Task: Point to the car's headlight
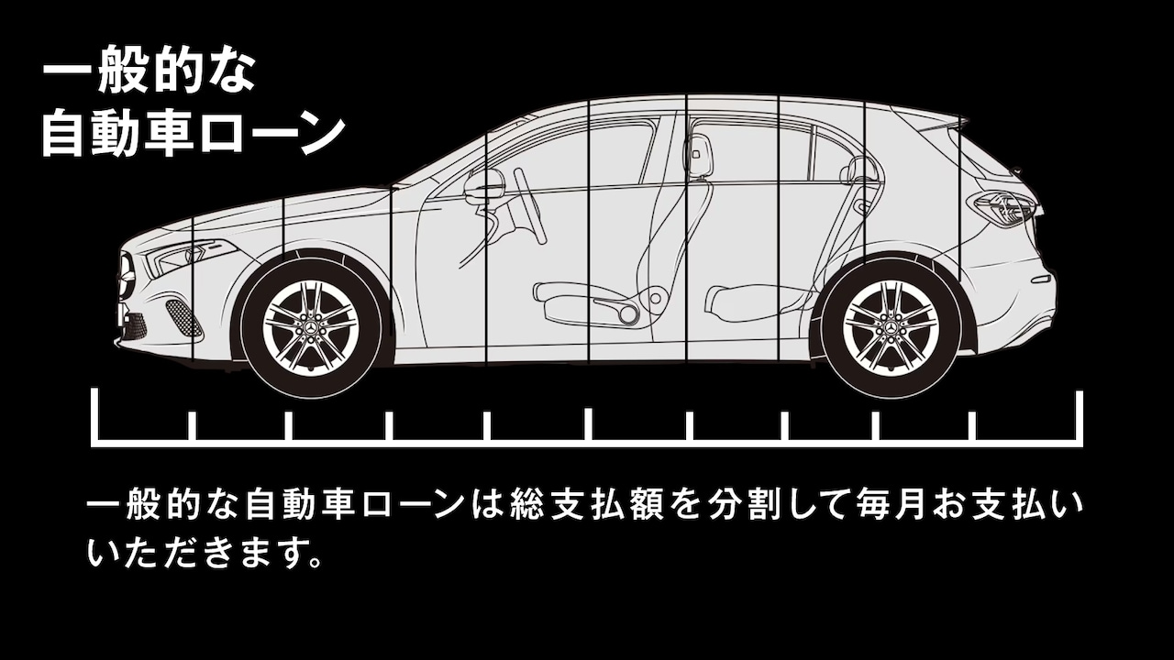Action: pos(179,258)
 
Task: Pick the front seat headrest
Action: pos(698,156)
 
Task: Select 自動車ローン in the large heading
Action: pos(193,134)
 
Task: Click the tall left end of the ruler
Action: pos(94,417)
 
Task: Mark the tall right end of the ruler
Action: pos(1080,417)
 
